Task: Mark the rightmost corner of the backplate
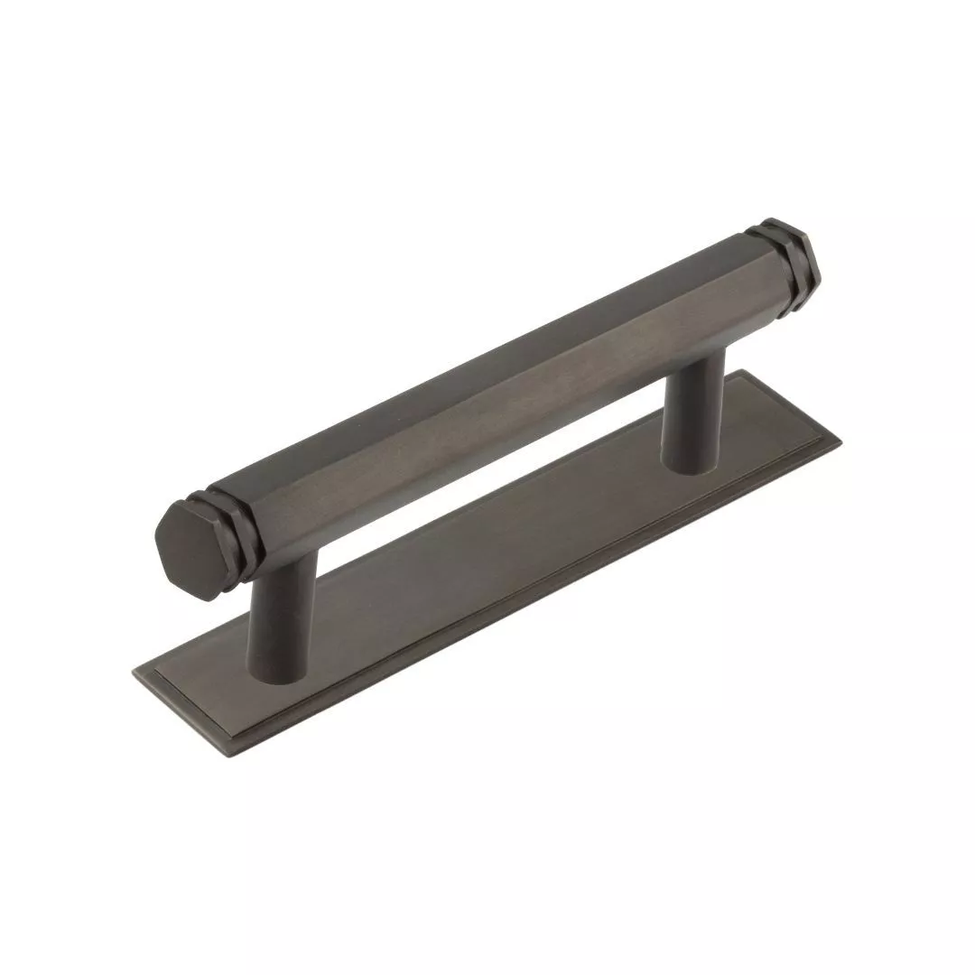tap(840, 441)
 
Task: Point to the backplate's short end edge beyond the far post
tap(791, 405)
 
